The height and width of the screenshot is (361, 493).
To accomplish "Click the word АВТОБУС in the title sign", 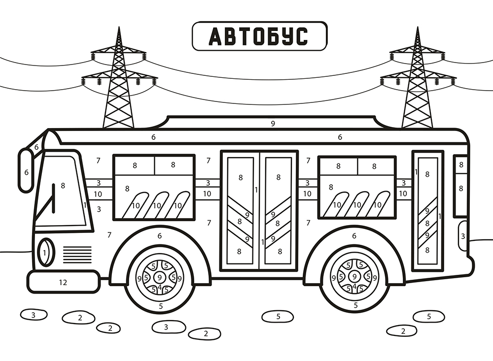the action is pos(258,36).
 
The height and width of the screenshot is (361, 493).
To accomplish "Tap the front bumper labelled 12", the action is pos(64,282).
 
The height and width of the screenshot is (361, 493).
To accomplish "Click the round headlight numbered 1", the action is pos(46,252).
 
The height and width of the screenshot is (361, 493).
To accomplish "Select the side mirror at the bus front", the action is pos(26,170).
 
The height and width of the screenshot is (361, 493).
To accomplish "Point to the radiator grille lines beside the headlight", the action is pos(77,255).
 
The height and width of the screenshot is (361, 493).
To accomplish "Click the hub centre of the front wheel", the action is pos(160,277).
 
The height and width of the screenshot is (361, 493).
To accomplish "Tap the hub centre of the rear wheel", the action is pos(354,277).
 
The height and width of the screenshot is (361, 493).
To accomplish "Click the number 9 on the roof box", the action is pos(273,124).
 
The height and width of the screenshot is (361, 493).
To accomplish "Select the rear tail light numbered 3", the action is pos(463,236).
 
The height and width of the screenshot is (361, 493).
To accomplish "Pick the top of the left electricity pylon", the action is pos(119,28).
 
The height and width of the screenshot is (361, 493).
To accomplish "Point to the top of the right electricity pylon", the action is pos(418,28).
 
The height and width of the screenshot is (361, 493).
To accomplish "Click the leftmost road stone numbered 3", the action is pos(34,315).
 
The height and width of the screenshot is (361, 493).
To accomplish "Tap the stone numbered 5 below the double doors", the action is pos(278,316).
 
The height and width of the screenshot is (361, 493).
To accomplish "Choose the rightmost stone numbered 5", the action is pos(429,316).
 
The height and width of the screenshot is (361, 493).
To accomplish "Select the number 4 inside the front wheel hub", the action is pos(160,287).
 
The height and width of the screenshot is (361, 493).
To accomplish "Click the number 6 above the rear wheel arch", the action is pos(354,235).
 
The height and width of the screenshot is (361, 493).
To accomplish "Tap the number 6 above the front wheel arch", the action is pos(159,235).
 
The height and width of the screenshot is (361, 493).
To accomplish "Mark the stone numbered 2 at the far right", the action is pos(402,330).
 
